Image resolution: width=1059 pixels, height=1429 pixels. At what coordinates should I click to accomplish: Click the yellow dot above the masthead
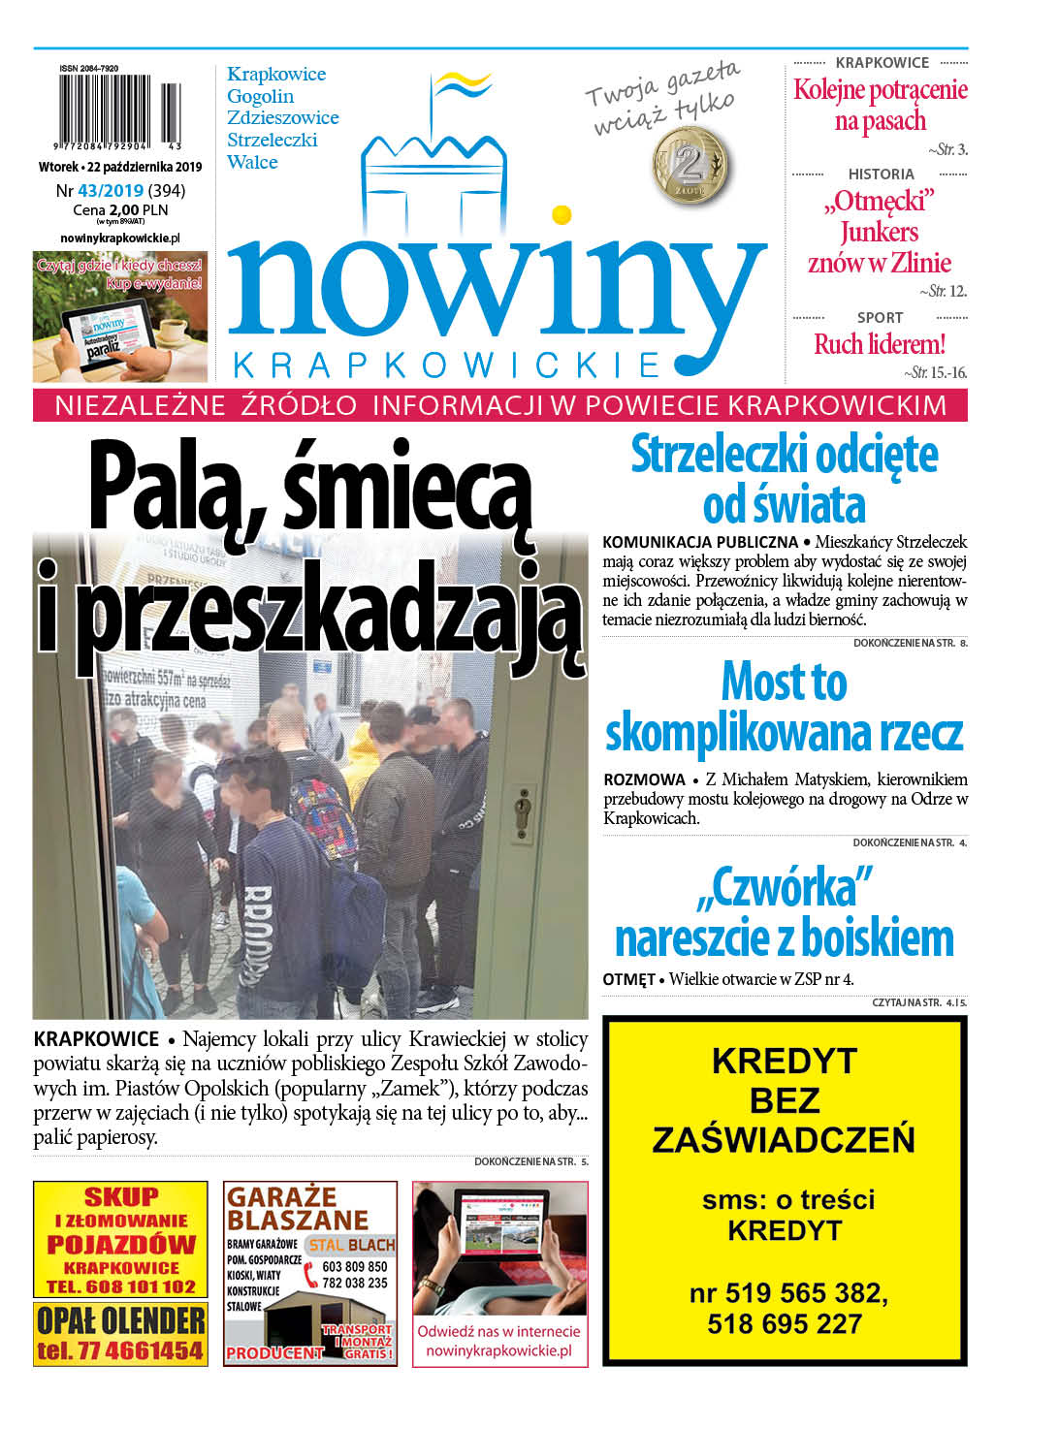[x=561, y=214]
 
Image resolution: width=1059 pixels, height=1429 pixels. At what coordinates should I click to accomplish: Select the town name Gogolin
[x=260, y=96]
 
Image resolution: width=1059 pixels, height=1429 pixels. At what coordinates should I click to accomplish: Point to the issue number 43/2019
[x=111, y=191]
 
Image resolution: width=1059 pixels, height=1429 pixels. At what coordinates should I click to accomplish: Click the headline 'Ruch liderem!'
[x=879, y=344]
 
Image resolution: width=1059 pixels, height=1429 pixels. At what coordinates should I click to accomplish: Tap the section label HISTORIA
[x=881, y=175]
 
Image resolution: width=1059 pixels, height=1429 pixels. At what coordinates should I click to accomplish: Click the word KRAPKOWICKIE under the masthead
[x=447, y=365]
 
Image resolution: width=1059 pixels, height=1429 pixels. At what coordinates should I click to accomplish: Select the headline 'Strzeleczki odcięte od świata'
[x=784, y=480]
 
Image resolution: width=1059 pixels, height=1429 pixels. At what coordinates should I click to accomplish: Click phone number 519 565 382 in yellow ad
[x=786, y=1293]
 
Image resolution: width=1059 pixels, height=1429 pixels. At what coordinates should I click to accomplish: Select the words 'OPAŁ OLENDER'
[x=120, y=1319]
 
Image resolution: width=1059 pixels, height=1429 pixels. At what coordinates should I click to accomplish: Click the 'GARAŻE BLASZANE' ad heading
[x=297, y=1208]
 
